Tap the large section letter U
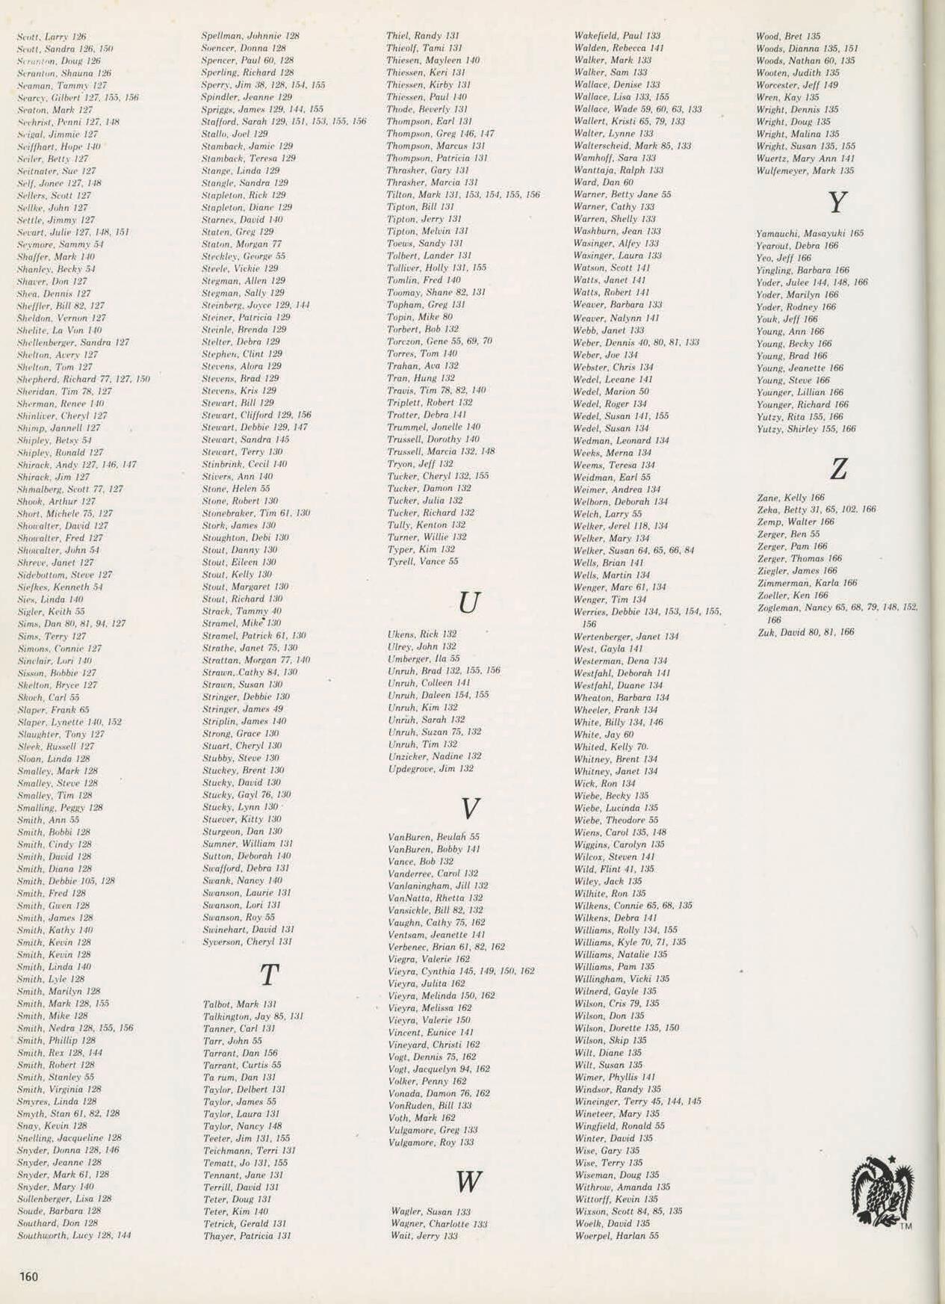point(468,602)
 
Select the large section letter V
point(469,808)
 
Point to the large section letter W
point(468,1181)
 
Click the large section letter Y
point(838,203)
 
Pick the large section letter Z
point(839,469)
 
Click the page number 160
point(28,1276)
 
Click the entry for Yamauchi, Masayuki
point(810,233)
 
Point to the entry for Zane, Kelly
point(790,497)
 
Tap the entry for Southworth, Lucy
point(74,1235)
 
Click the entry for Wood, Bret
point(788,36)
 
